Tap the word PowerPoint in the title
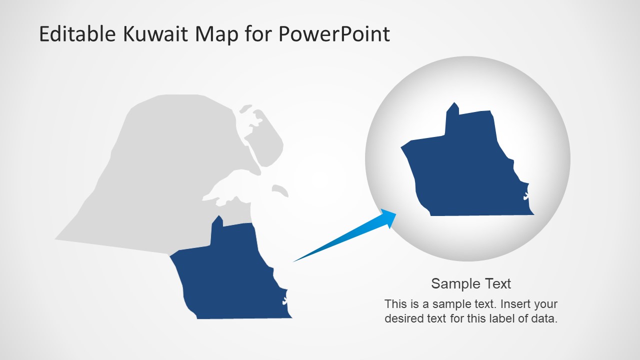click(x=333, y=34)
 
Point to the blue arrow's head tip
click(x=395, y=214)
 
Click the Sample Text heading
click(x=471, y=284)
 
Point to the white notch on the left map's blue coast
click(x=284, y=300)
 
